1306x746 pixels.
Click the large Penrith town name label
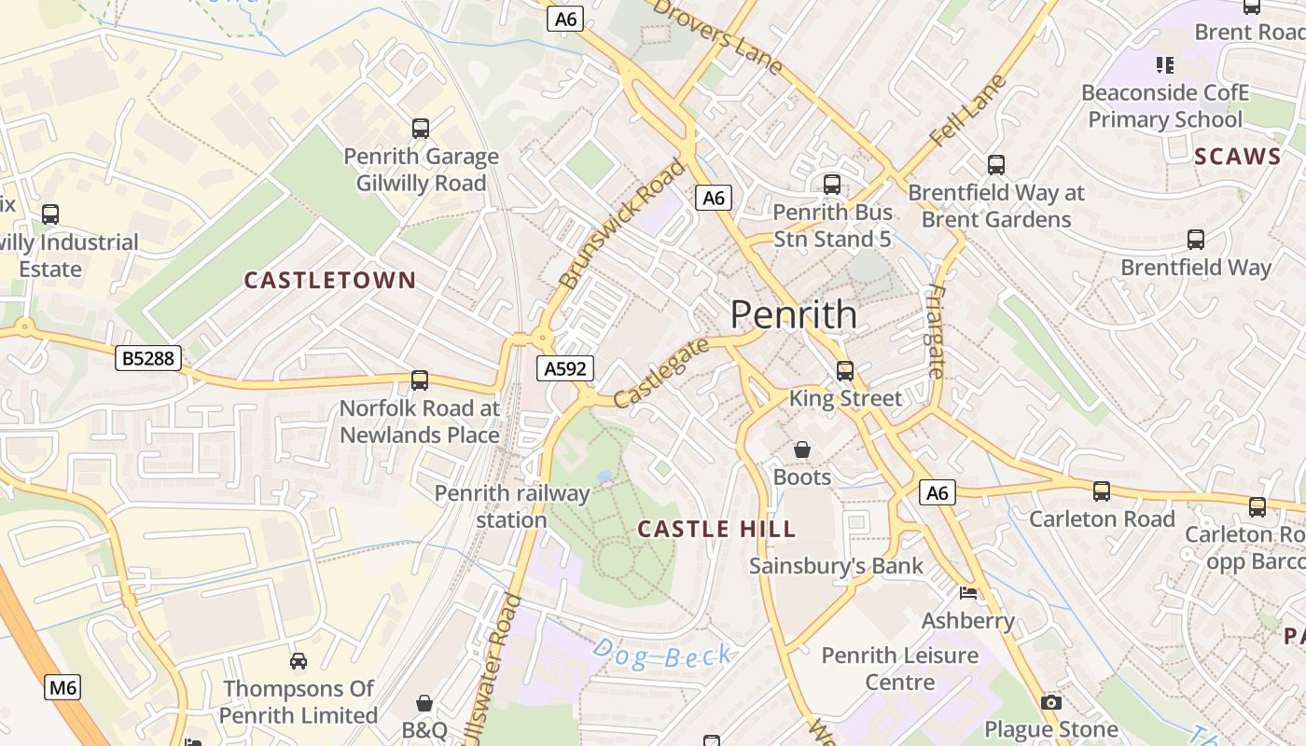click(x=793, y=314)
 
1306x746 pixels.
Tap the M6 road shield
click(x=63, y=688)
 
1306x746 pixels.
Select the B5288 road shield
click(x=148, y=357)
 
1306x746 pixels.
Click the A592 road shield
click(x=565, y=368)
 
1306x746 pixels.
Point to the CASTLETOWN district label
click(x=329, y=280)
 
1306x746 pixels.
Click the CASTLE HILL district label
click(x=716, y=529)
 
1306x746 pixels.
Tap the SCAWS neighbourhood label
click(x=1238, y=157)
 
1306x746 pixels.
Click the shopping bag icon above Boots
click(x=801, y=450)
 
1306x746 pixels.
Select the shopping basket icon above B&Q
click(x=424, y=702)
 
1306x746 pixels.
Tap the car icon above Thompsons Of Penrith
click(x=299, y=661)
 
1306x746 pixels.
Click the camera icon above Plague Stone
click(x=1051, y=702)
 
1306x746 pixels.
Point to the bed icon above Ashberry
click(x=968, y=593)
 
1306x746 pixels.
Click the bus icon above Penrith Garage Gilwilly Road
click(x=421, y=129)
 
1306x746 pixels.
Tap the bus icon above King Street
click(x=845, y=371)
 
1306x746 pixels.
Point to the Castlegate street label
click(x=660, y=372)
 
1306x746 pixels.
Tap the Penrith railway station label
click(x=512, y=506)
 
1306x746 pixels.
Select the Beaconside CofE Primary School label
click(x=1165, y=105)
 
